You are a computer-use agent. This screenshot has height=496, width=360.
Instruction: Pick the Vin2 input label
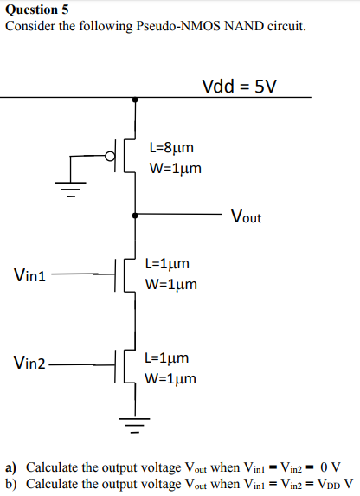click(x=30, y=363)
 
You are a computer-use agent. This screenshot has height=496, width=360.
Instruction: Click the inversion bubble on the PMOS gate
click(x=109, y=157)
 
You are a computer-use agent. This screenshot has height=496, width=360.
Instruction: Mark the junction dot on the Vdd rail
click(x=134, y=99)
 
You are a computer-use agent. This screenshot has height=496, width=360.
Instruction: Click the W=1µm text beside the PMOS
click(x=176, y=168)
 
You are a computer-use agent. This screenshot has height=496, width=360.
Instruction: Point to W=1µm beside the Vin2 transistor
click(x=170, y=378)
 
